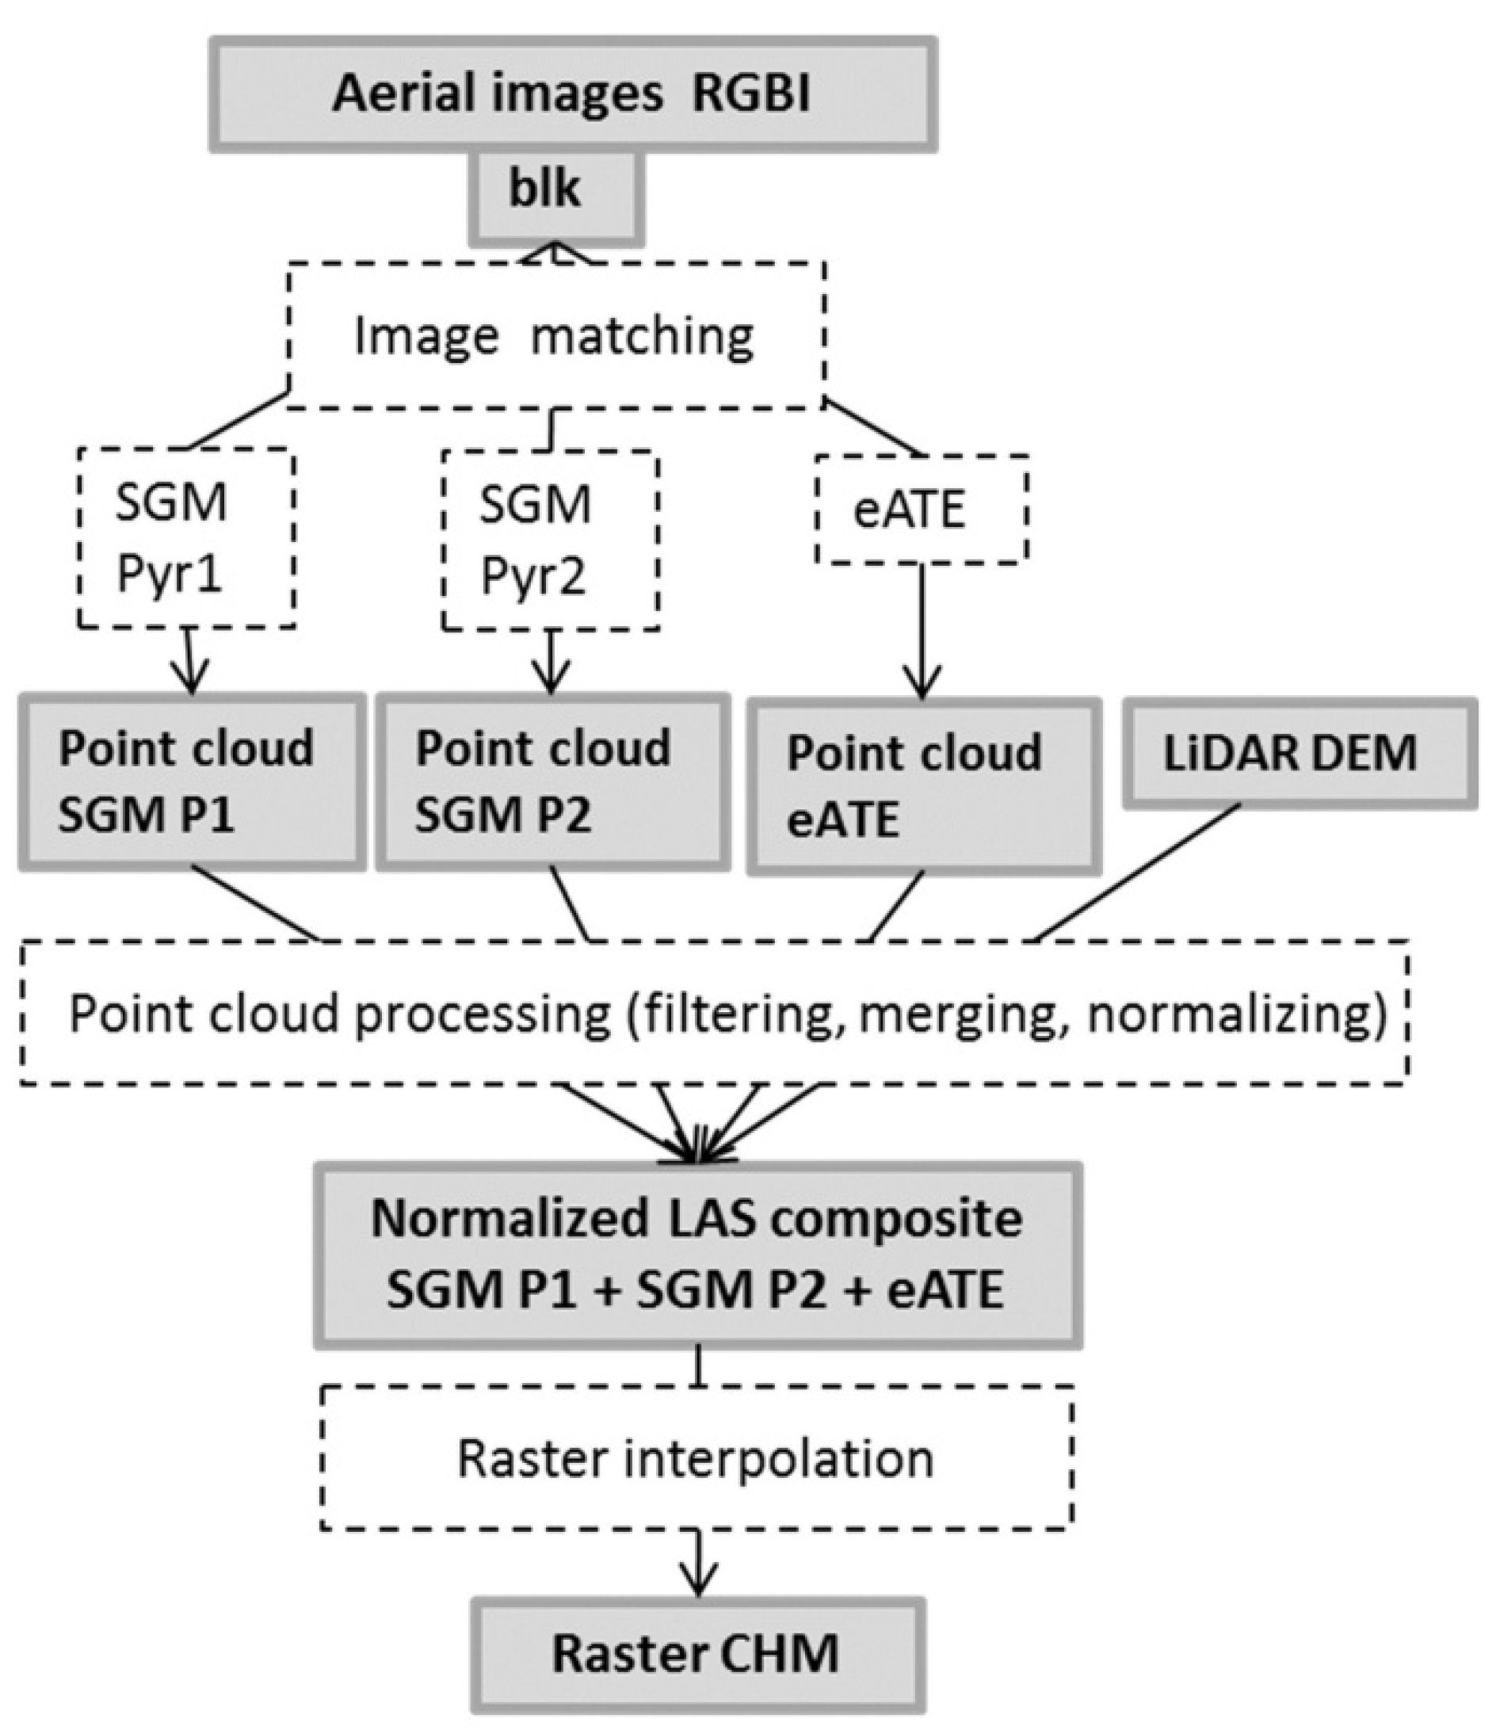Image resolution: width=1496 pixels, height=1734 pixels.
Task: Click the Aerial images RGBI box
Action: click(x=572, y=94)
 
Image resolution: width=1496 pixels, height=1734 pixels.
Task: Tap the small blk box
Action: click(x=556, y=198)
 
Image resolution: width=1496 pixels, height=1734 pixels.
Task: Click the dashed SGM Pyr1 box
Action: click(x=185, y=538)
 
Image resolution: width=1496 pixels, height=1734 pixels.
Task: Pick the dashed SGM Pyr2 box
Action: click(x=550, y=540)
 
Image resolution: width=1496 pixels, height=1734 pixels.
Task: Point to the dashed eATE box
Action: click(x=921, y=509)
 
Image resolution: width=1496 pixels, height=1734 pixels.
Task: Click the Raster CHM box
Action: click(x=697, y=1655)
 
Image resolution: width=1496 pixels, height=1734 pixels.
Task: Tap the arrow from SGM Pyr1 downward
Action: click(x=192, y=661)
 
